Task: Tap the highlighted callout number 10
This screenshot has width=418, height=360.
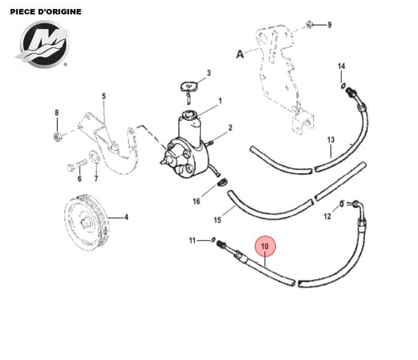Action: tap(265, 245)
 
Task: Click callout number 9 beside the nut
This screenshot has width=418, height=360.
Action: tap(329, 25)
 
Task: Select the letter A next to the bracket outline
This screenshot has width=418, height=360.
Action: tap(240, 54)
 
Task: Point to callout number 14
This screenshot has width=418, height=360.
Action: tap(341, 66)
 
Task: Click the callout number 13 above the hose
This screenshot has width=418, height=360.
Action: tap(330, 140)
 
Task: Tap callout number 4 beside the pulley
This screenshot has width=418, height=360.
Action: tap(127, 217)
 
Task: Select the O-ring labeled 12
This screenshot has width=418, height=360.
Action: tap(342, 204)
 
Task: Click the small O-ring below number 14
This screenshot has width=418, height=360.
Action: tap(342, 86)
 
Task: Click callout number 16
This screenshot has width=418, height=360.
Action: tap(196, 202)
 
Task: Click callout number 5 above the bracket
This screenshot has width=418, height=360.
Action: tap(103, 96)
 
